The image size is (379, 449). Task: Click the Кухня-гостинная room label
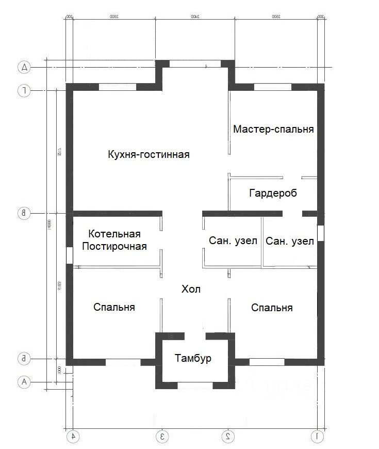(x=149, y=154)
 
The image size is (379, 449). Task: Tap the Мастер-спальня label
(x=273, y=129)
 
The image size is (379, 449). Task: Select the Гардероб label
(x=273, y=194)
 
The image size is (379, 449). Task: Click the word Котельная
(x=114, y=234)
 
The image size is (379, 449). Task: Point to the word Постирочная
(x=114, y=246)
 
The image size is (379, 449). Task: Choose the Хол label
(x=191, y=290)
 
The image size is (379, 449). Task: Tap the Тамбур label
(x=193, y=359)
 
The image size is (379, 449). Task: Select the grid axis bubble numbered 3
(x=162, y=436)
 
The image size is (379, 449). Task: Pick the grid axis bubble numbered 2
(x=227, y=436)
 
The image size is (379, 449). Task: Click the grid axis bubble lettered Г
(x=24, y=91)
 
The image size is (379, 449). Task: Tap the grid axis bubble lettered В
(x=24, y=213)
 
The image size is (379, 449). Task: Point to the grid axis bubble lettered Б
(x=24, y=358)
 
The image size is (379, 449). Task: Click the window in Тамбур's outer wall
(x=195, y=385)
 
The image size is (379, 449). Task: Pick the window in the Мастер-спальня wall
(x=272, y=87)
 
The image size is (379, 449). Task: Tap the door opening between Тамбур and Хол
(x=195, y=336)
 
